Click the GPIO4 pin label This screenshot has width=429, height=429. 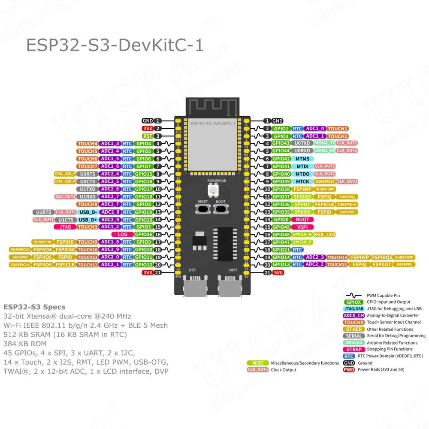(143, 144)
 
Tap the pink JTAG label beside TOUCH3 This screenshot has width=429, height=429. (65, 227)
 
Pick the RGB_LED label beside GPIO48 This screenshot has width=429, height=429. (324, 235)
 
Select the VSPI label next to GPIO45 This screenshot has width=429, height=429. (302, 227)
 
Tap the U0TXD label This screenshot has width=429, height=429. (302, 143)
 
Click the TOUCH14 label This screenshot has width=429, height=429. (337, 257)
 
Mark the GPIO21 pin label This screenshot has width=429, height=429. (281, 250)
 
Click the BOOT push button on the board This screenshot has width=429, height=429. (221, 209)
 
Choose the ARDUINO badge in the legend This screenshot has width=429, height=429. (354, 343)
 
